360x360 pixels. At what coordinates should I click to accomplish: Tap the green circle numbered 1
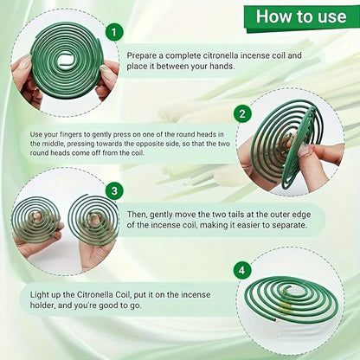[114, 32]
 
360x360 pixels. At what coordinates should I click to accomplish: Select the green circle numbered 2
[242, 113]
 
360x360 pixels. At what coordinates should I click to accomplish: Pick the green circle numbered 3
[114, 191]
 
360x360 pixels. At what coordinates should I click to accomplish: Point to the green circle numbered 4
[241, 270]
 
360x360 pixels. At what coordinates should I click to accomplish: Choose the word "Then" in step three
[137, 215]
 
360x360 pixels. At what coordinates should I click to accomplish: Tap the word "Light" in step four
[40, 295]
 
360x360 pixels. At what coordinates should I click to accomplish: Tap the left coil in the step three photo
[36, 220]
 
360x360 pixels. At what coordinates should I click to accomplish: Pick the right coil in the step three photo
[93, 220]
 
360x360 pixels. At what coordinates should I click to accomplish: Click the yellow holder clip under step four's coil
[284, 308]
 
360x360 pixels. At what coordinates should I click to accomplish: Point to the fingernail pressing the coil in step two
[304, 151]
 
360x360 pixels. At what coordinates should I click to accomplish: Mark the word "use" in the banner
[332, 16]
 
